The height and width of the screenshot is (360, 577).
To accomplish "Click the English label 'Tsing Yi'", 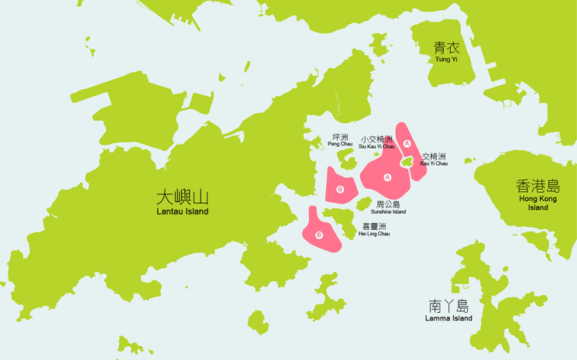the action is click(x=447, y=59).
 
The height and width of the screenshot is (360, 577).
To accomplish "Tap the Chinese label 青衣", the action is click(x=447, y=47).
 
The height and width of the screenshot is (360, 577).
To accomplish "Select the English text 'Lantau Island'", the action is click(x=182, y=211).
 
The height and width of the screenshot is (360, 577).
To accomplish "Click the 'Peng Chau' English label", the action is click(x=340, y=144).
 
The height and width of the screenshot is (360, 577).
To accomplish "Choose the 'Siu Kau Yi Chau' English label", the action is click(x=376, y=146).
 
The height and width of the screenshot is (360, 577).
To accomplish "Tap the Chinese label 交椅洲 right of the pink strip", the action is click(x=434, y=156).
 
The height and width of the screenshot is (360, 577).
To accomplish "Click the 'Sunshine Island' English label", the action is click(x=388, y=211).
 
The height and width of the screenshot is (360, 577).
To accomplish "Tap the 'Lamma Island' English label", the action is click(x=448, y=318).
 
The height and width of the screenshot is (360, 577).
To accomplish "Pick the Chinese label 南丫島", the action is click(x=448, y=305).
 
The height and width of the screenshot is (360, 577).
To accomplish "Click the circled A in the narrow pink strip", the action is click(x=407, y=143).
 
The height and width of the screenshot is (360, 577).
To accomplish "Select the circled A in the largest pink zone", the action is click(x=388, y=177).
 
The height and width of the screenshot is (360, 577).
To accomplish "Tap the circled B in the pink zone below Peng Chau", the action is click(x=340, y=190).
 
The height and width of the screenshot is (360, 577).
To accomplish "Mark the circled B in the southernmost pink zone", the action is click(x=319, y=235).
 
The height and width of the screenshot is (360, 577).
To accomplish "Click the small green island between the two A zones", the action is click(x=407, y=162).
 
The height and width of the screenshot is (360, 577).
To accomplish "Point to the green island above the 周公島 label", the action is click(x=363, y=203).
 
